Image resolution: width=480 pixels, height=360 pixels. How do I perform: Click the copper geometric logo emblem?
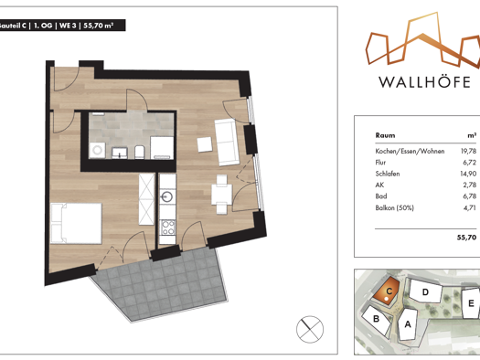tap(421, 42)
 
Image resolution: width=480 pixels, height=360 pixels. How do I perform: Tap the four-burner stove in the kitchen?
tap(167, 228)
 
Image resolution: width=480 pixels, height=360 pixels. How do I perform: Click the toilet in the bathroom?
tap(138, 150)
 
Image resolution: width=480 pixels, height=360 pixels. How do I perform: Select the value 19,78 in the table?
tap(466, 152)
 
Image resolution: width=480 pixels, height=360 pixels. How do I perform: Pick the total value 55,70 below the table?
tap(466, 236)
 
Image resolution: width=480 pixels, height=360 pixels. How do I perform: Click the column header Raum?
tap(386, 133)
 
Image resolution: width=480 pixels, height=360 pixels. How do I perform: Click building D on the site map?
tap(425, 293)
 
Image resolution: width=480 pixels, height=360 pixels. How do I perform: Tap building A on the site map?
tap(408, 323)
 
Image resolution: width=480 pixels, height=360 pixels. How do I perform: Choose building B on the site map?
tap(375, 319)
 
